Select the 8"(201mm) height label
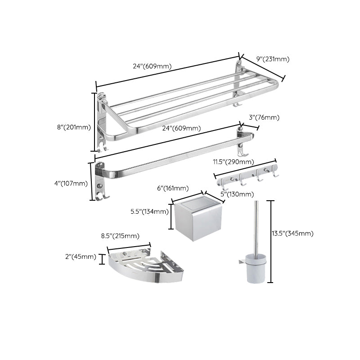point(74,127)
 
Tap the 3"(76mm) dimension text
point(264,117)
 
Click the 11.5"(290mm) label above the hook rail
point(234,162)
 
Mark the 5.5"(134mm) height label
point(149,211)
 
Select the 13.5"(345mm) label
point(293,233)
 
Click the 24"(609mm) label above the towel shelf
point(152,66)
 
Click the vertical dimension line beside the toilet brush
point(270,241)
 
